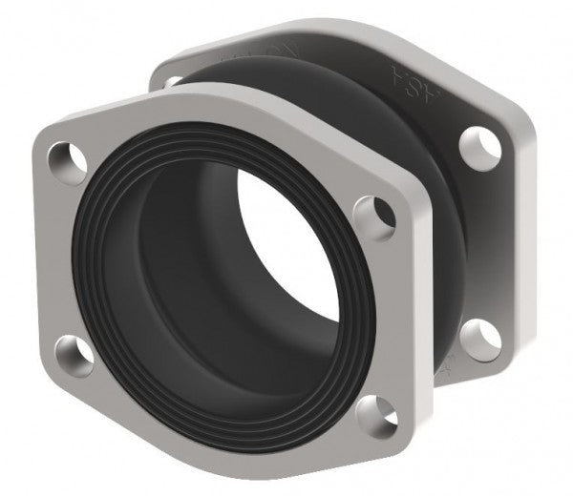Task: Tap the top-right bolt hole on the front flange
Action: click(371, 212)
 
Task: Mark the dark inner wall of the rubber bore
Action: click(181, 286)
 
